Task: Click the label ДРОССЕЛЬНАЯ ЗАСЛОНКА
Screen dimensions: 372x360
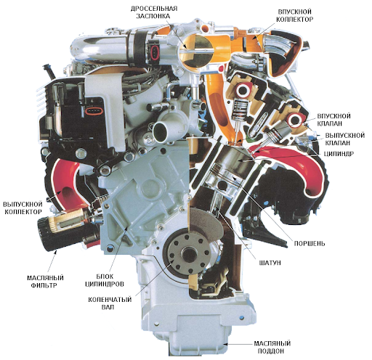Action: click(x=154, y=12)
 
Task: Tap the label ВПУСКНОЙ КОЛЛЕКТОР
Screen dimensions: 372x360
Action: click(x=295, y=15)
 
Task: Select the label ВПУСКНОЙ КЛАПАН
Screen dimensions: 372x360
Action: click(x=333, y=120)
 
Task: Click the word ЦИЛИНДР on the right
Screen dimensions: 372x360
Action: click(x=339, y=154)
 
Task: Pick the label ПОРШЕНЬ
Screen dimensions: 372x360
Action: click(x=310, y=243)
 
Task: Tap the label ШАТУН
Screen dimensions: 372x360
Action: click(x=270, y=263)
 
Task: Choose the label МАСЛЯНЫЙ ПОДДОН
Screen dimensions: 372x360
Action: click(x=272, y=347)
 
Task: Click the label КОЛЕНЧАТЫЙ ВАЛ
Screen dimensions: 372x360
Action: click(x=110, y=303)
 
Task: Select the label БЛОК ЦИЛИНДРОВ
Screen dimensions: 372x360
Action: click(x=105, y=280)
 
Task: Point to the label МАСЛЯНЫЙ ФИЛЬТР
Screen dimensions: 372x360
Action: click(x=45, y=282)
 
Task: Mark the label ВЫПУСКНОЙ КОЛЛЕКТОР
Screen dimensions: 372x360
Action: click(x=23, y=208)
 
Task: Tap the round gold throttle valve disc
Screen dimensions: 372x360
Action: click(x=197, y=50)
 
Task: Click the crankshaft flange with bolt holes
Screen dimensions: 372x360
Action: click(x=188, y=253)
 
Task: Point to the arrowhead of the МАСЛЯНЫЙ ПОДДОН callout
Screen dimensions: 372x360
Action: click(x=226, y=344)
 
